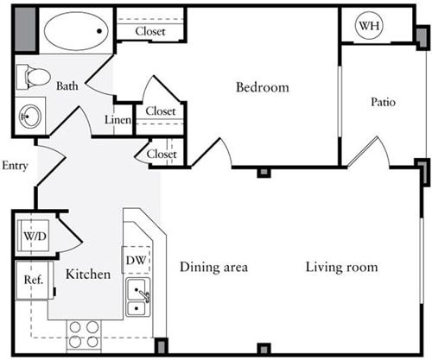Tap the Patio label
(x=383, y=102)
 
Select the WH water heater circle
(x=370, y=26)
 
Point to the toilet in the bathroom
(x=34, y=77)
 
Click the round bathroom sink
(x=32, y=115)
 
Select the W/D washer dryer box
(x=35, y=235)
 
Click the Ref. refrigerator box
(x=33, y=280)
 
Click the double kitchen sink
(x=138, y=298)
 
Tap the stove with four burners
(x=85, y=333)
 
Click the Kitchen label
(x=88, y=275)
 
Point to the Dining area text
(x=213, y=268)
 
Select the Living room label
(x=341, y=268)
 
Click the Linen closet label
(x=118, y=121)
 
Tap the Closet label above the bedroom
(x=149, y=31)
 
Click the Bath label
(x=67, y=86)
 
